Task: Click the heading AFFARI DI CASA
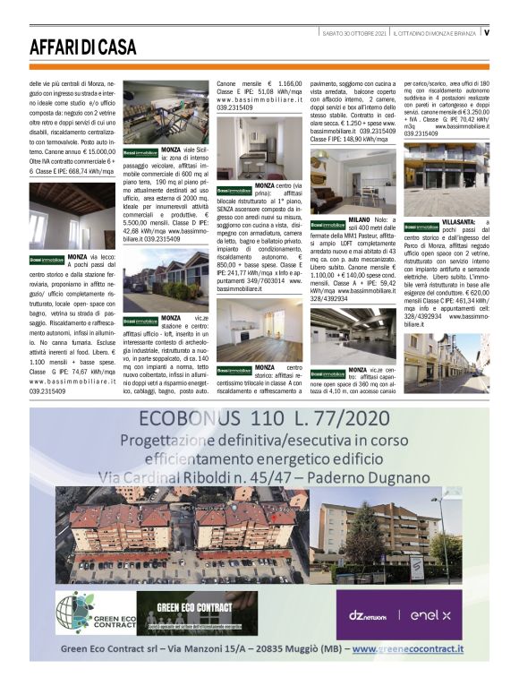click(x=82, y=47)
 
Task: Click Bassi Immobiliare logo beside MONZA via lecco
click(x=47, y=259)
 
